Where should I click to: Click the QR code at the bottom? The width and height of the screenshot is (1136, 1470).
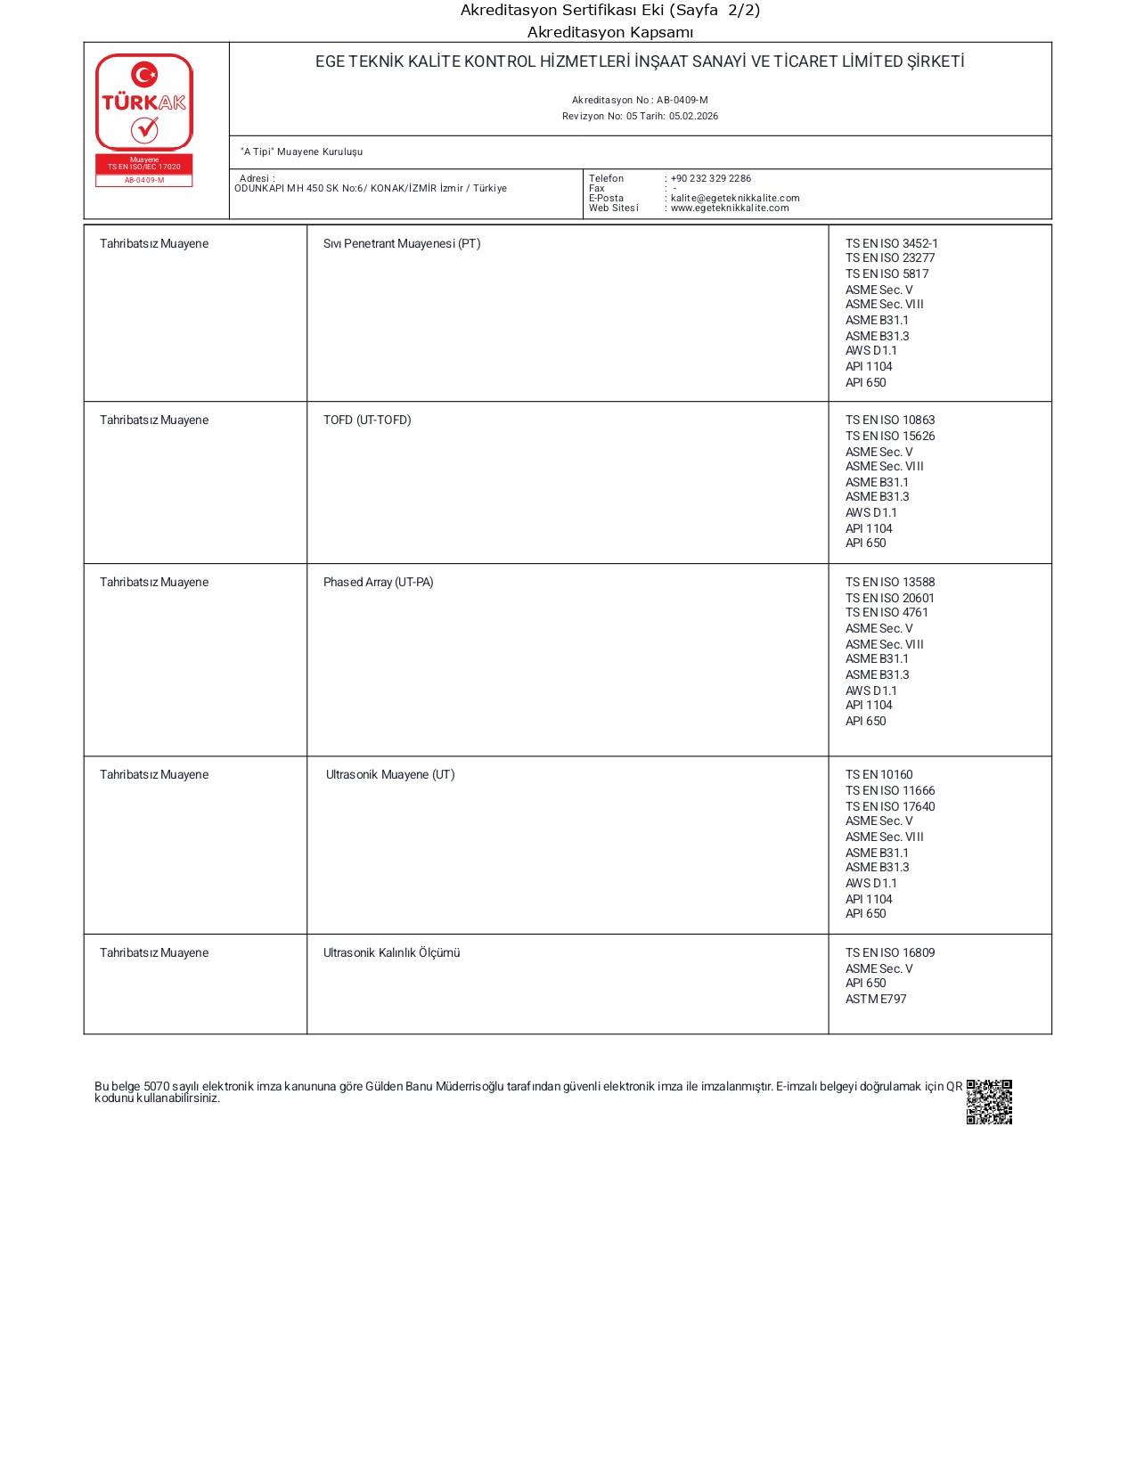tap(989, 1102)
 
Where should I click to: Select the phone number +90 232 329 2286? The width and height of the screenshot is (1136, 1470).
tap(710, 178)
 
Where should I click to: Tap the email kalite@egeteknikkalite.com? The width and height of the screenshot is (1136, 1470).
tap(734, 198)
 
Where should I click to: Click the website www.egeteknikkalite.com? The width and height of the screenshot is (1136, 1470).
tap(729, 208)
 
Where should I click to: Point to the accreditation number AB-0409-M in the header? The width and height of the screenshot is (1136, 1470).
tap(682, 100)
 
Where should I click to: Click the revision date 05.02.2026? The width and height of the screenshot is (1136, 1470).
tap(693, 116)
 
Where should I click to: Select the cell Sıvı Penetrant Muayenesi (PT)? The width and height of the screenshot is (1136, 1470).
tap(402, 243)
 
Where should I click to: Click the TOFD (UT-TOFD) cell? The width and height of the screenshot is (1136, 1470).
tap(367, 420)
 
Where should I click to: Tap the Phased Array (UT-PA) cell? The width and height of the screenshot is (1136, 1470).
tap(378, 582)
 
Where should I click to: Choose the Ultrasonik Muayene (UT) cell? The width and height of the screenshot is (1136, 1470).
tap(389, 774)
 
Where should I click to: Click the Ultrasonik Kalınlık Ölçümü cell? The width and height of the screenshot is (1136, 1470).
tap(391, 952)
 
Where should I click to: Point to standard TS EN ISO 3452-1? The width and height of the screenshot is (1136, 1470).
tap(891, 243)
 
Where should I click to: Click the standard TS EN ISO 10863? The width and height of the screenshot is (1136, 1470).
tap(889, 420)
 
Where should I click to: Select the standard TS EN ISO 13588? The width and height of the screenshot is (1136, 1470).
tap(889, 582)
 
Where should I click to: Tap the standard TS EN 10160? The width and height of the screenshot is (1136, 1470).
tap(879, 774)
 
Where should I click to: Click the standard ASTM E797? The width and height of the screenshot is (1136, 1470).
tap(875, 999)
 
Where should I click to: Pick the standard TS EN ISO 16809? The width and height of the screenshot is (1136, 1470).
tap(889, 952)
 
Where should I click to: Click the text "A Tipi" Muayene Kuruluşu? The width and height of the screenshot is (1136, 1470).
tap(301, 151)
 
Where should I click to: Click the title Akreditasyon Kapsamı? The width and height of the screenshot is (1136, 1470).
tap(609, 32)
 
